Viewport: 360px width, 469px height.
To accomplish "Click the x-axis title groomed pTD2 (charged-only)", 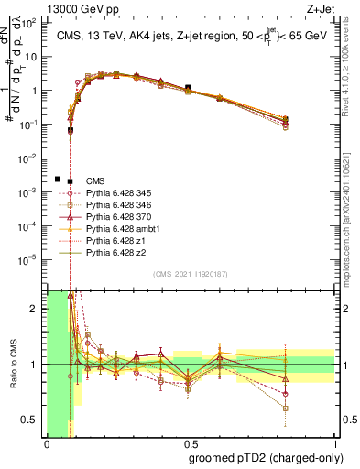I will pos(265,458).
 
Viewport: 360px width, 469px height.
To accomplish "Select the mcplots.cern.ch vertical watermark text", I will pos(351,220).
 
